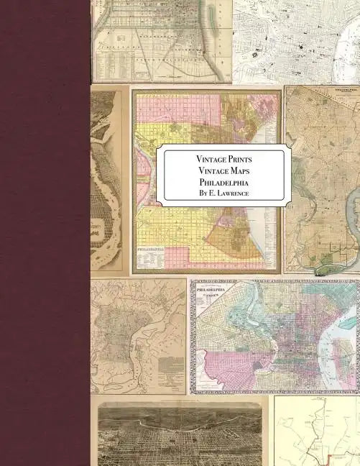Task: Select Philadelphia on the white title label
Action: [223, 181]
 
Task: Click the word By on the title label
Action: [202, 193]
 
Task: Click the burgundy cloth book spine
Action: [45, 233]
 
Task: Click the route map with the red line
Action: [316, 431]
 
